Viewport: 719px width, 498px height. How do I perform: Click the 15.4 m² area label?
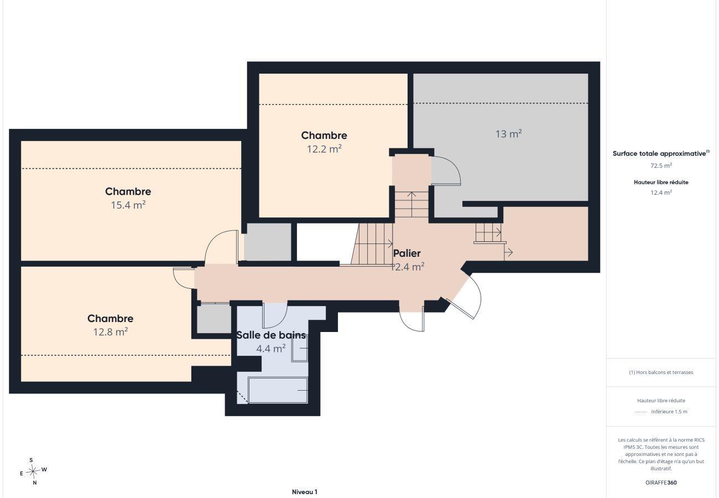[128, 205]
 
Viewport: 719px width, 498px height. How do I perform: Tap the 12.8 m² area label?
[111, 331]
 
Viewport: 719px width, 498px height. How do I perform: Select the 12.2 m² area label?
[324, 149]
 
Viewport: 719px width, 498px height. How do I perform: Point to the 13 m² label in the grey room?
[508, 133]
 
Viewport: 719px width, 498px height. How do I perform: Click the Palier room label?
[407, 253]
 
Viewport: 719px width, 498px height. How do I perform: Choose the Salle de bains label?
[271, 335]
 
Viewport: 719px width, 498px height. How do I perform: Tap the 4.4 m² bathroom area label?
[271, 349]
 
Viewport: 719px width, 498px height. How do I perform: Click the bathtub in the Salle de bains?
[278, 390]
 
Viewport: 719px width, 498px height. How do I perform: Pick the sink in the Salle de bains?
[300, 348]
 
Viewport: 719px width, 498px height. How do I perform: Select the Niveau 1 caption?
[305, 492]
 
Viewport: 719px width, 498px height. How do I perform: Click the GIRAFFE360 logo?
[661, 483]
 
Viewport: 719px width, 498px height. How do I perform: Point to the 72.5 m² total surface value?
[661, 165]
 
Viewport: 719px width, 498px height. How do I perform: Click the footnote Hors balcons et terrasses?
[661, 372]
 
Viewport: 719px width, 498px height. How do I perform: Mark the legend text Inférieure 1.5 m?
[669, 412]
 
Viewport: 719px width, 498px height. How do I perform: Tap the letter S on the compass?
[31, 460]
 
